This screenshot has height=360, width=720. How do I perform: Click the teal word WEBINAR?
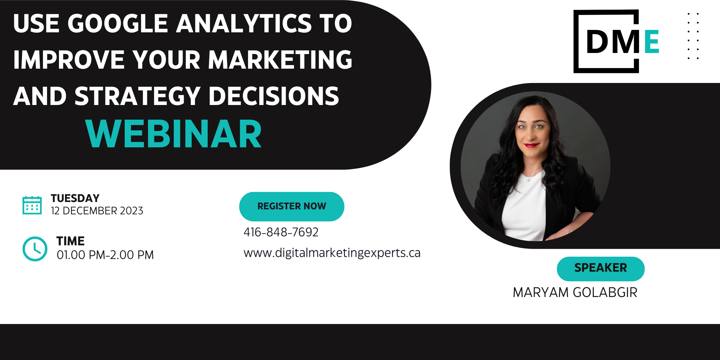173,134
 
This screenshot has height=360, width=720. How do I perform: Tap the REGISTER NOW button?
292,206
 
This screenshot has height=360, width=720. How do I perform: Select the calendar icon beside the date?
32,205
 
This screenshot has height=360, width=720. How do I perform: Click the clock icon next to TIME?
35,249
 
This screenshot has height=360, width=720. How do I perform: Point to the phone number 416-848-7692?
281,232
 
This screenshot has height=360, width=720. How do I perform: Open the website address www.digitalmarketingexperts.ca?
332,253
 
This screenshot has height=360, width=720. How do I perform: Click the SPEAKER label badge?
601,269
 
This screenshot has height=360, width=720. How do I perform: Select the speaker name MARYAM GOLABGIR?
575,293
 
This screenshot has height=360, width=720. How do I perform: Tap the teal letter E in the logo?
652,41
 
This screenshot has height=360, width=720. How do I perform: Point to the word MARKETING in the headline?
280,60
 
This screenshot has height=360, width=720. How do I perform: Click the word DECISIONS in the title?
274,96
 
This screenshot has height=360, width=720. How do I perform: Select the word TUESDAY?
75,198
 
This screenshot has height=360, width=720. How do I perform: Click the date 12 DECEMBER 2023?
97,211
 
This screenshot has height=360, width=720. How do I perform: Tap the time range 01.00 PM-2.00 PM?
105,255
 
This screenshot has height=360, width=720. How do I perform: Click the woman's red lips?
531,145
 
